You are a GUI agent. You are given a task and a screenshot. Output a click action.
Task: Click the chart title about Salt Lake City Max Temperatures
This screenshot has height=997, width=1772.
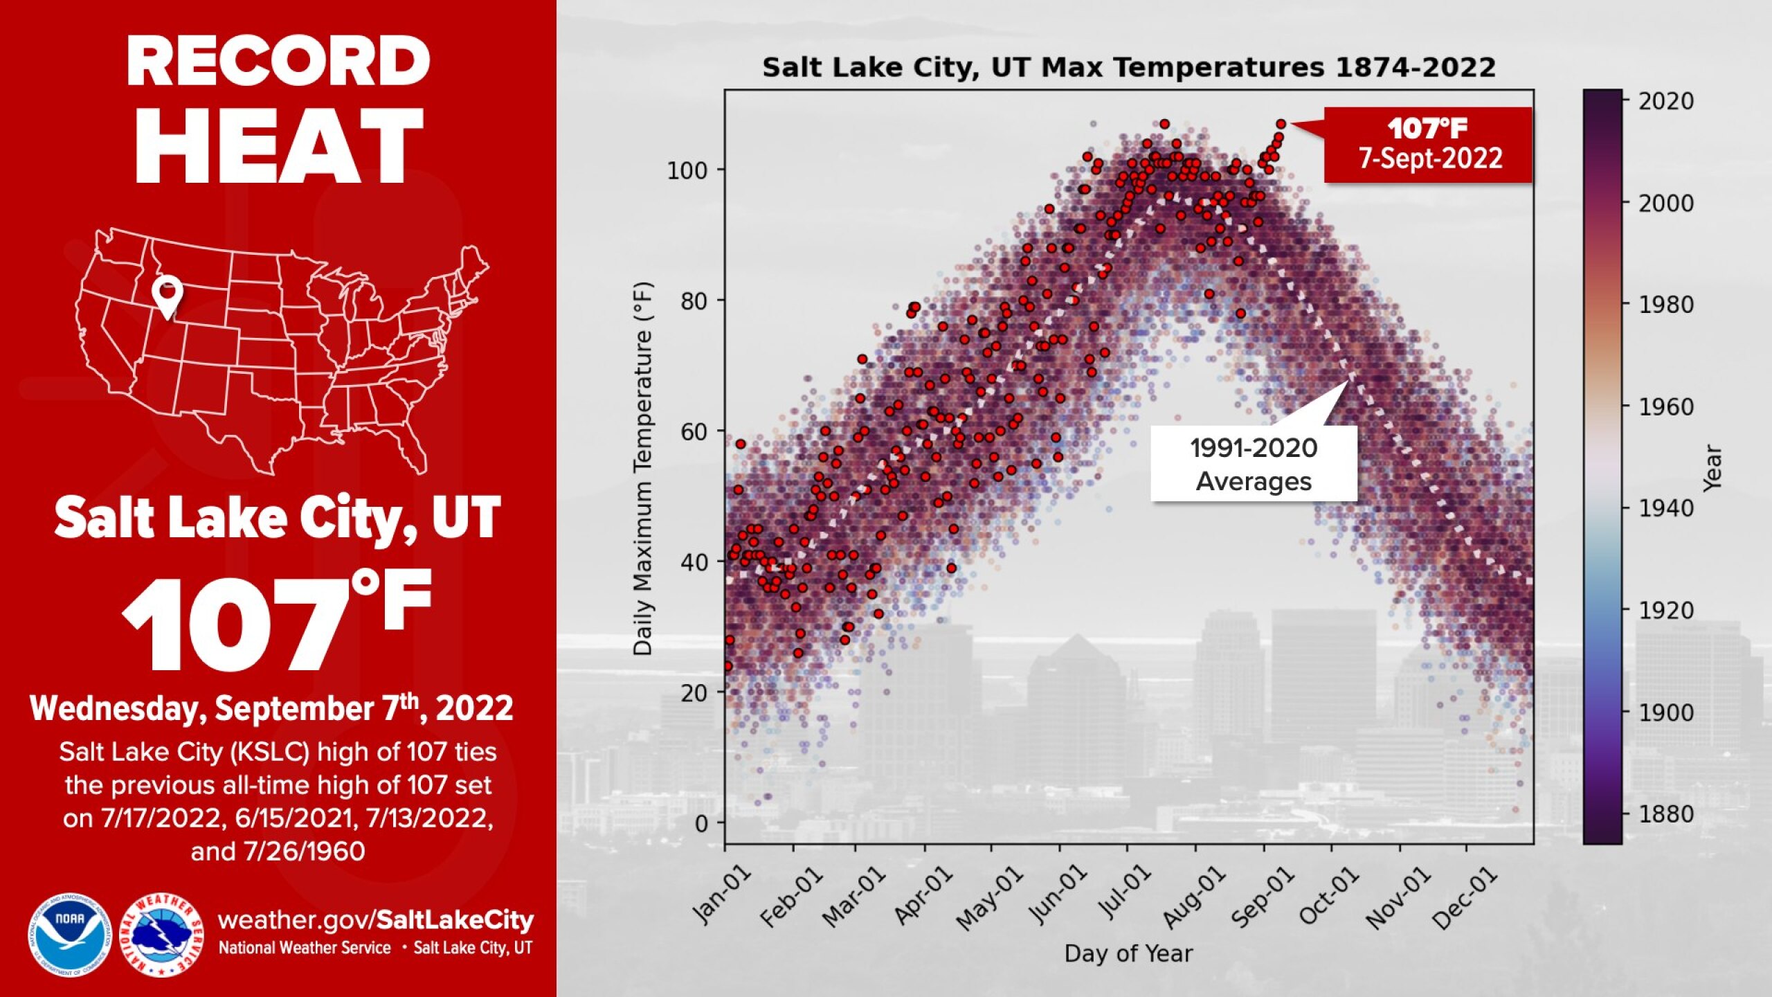pos(1129,68)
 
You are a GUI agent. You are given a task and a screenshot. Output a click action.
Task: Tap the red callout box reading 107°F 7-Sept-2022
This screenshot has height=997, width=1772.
pos(1427,145)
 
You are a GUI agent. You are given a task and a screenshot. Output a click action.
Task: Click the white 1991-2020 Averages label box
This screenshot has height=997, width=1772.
pos(1253,464)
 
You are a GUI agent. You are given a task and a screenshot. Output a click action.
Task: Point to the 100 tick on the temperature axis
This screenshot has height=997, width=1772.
pos(687,170)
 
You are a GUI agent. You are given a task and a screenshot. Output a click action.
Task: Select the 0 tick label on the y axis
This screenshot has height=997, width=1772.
pos(701,824)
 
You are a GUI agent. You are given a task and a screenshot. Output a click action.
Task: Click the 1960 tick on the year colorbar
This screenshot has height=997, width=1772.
pos(1665,407)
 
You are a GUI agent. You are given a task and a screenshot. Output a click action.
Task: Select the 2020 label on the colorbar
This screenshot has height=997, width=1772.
pos(1665,102)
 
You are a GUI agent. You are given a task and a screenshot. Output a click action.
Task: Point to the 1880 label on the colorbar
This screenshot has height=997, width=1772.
pos(1665,814)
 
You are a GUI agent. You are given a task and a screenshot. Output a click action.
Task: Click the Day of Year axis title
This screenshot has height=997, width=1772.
pos(1128,954)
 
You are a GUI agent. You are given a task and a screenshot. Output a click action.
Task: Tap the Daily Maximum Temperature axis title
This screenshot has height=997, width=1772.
pos(643,468)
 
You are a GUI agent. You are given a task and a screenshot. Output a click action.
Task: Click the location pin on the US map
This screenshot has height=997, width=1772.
pos(168,294)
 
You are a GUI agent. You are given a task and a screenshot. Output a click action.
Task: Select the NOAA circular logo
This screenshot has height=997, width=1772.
pos(70,935)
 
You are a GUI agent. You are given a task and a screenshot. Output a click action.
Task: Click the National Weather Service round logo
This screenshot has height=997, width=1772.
pos(161,935)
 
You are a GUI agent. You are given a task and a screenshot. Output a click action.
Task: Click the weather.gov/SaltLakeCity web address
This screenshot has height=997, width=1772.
pos(375,920)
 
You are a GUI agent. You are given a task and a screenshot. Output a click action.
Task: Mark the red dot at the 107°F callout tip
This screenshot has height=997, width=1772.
pos(1281,124)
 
